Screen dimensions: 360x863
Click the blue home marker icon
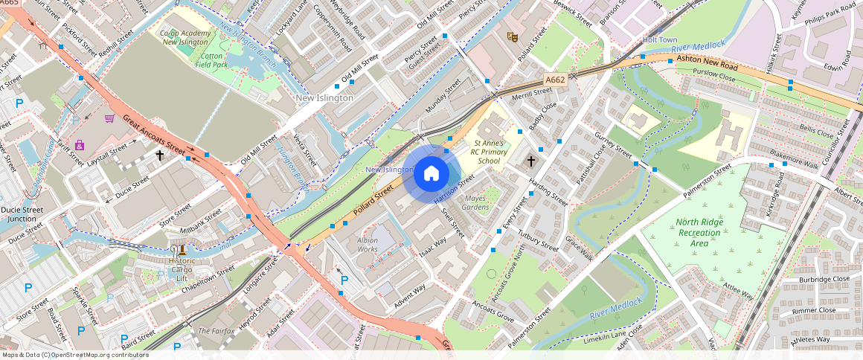point(430,173)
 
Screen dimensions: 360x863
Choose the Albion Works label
point(368,245)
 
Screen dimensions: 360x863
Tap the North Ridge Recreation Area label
point(699,233)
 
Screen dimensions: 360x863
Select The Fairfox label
point(216,331)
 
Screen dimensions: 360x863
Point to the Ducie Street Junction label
point(22,214)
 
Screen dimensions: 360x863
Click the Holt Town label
point(660,39)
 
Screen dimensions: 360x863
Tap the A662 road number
point(556,79)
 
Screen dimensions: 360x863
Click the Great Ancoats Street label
point(153,135)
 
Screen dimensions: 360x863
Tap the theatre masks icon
point(511,36)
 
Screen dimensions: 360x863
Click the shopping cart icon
point(109,118)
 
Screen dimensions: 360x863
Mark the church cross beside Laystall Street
point(159,155)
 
